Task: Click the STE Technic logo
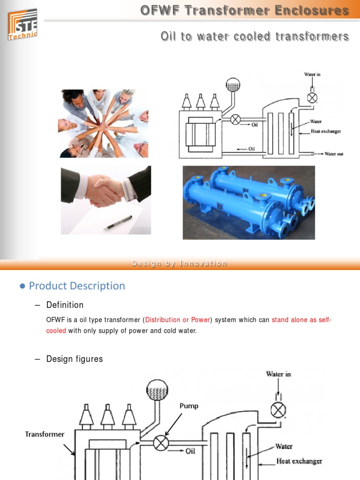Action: point(22,24)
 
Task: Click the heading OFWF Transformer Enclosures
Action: point(245,10)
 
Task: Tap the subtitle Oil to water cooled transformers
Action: point(255,36)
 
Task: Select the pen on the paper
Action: point(118,222)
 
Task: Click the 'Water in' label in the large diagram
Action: point(278,374)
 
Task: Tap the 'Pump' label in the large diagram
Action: point(189,406)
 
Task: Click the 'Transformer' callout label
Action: point(45,434)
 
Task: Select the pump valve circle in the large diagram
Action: point(161,442)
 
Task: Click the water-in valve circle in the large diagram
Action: point(278,411)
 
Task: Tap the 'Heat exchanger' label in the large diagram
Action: point(299,461)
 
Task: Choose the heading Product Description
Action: point(77,286)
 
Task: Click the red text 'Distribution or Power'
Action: point(177,320)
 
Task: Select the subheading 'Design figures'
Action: point(75,359)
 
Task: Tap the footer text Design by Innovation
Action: point(180,264)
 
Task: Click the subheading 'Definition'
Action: point(65,305)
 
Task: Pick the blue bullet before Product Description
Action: point(22,286)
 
